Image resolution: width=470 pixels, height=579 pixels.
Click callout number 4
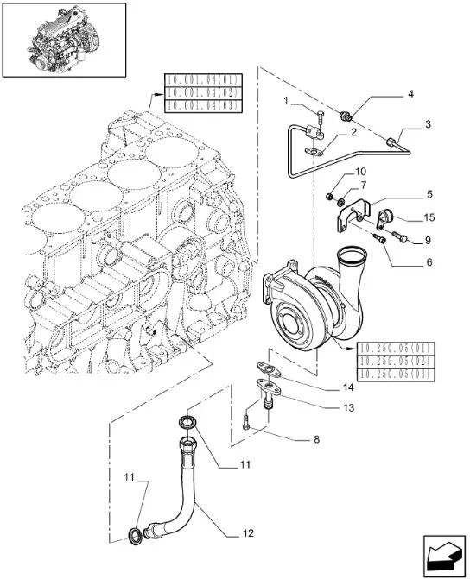click(410, 94)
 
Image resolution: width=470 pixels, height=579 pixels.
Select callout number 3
click(428, 124)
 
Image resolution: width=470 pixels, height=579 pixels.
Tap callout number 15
click(429, 217)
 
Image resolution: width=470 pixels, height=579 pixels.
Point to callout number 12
click(248, 533)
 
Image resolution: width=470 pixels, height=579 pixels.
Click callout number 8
click(316, 439)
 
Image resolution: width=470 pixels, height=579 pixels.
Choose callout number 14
click(348, 387)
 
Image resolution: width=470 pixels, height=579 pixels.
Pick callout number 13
click(349, 407)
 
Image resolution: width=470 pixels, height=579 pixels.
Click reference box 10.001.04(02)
click(203, 92)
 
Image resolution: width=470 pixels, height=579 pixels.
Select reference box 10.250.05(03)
click(396, 374)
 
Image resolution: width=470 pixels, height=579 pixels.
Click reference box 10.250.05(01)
click(396, 349)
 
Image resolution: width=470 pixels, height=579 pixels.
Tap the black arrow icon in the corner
click(444, 554)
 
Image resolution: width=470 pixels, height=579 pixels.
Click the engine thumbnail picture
click(64, 40)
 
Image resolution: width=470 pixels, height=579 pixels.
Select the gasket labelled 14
click(269, 370)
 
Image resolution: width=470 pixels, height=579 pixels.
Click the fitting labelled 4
click(346, 116)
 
